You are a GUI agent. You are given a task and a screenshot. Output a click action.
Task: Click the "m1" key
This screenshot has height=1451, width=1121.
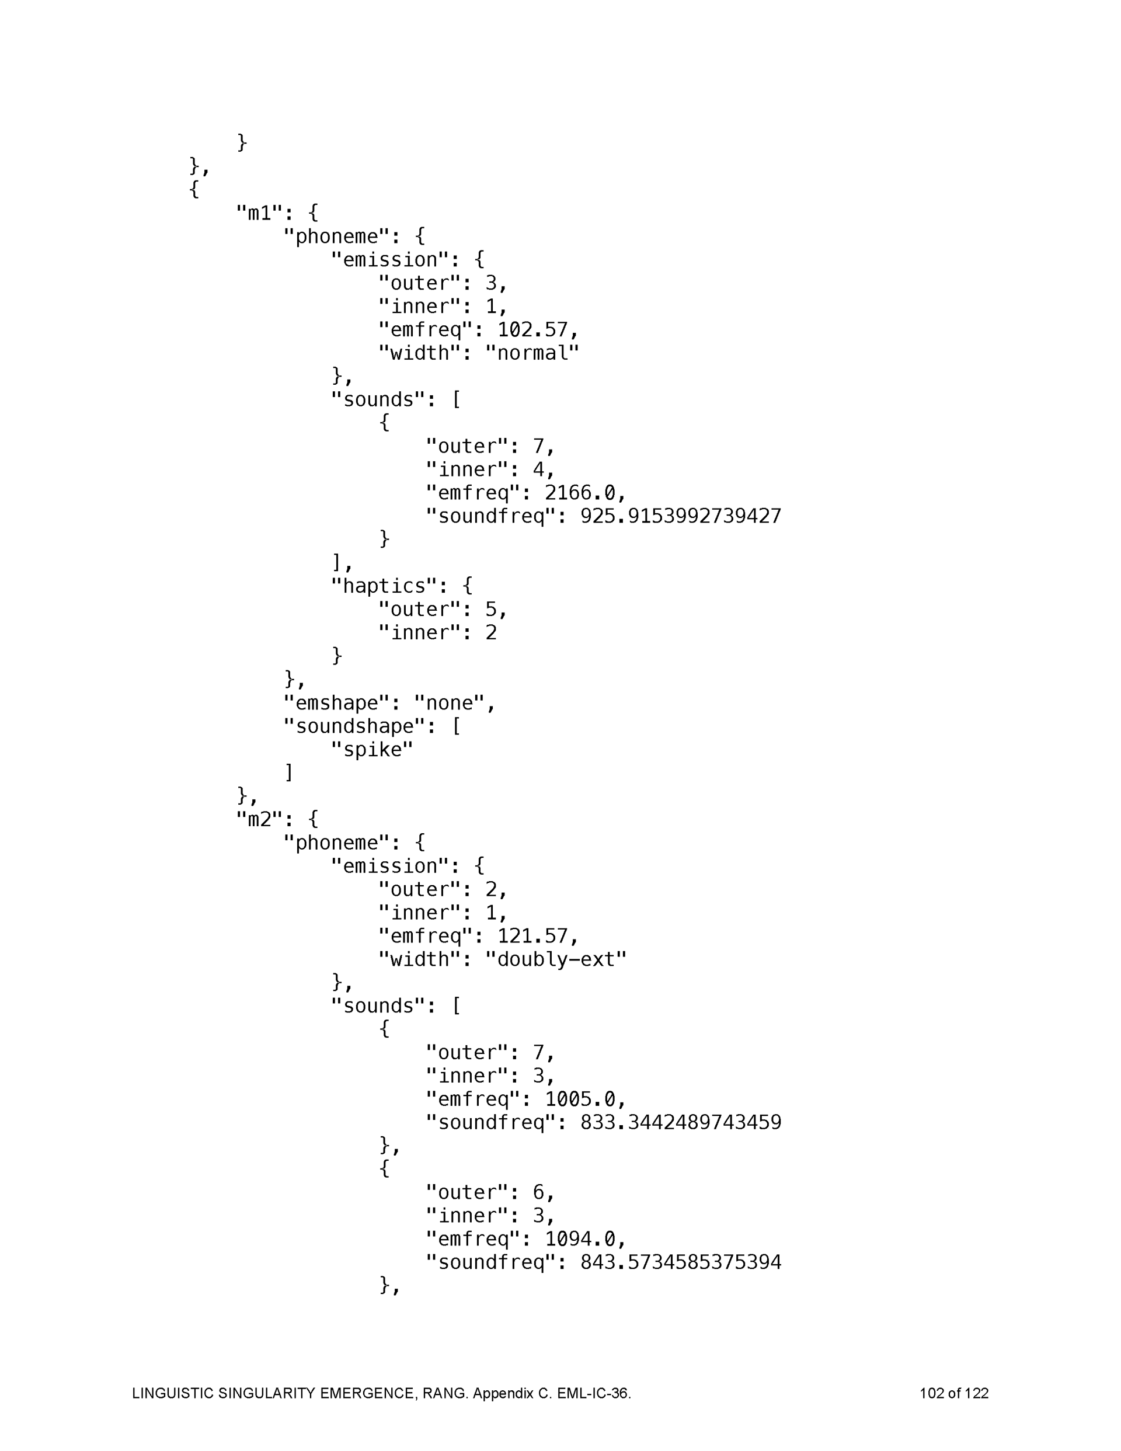(x=259, y=213)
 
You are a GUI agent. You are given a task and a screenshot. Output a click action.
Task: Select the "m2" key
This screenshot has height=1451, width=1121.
(x=259, y=820)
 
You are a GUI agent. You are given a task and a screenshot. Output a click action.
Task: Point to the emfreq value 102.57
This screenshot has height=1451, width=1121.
(x=532, y=329)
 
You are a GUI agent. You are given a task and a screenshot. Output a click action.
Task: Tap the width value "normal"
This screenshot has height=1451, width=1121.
(x=531, y=353)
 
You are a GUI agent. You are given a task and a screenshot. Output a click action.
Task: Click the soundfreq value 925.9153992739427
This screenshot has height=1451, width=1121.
(x=680, y=516)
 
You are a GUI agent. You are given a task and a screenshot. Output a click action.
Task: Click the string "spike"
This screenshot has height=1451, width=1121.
(x=372, y=749)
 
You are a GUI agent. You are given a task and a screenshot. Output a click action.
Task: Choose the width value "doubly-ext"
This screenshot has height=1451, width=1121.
(x=555, y=959)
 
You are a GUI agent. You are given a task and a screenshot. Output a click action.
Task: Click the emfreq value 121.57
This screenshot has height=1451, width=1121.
(x=532, y=936)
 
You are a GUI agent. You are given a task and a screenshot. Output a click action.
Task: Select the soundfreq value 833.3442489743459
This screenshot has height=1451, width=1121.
(x=680, y=1123)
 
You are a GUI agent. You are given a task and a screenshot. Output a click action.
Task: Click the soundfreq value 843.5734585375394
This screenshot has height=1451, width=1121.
(x=680, y=1262)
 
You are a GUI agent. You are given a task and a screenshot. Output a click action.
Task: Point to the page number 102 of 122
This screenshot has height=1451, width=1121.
(x=953, y=1393)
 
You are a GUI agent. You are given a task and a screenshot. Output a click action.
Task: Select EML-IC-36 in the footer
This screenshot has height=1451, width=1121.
(x=592, y=1393)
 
